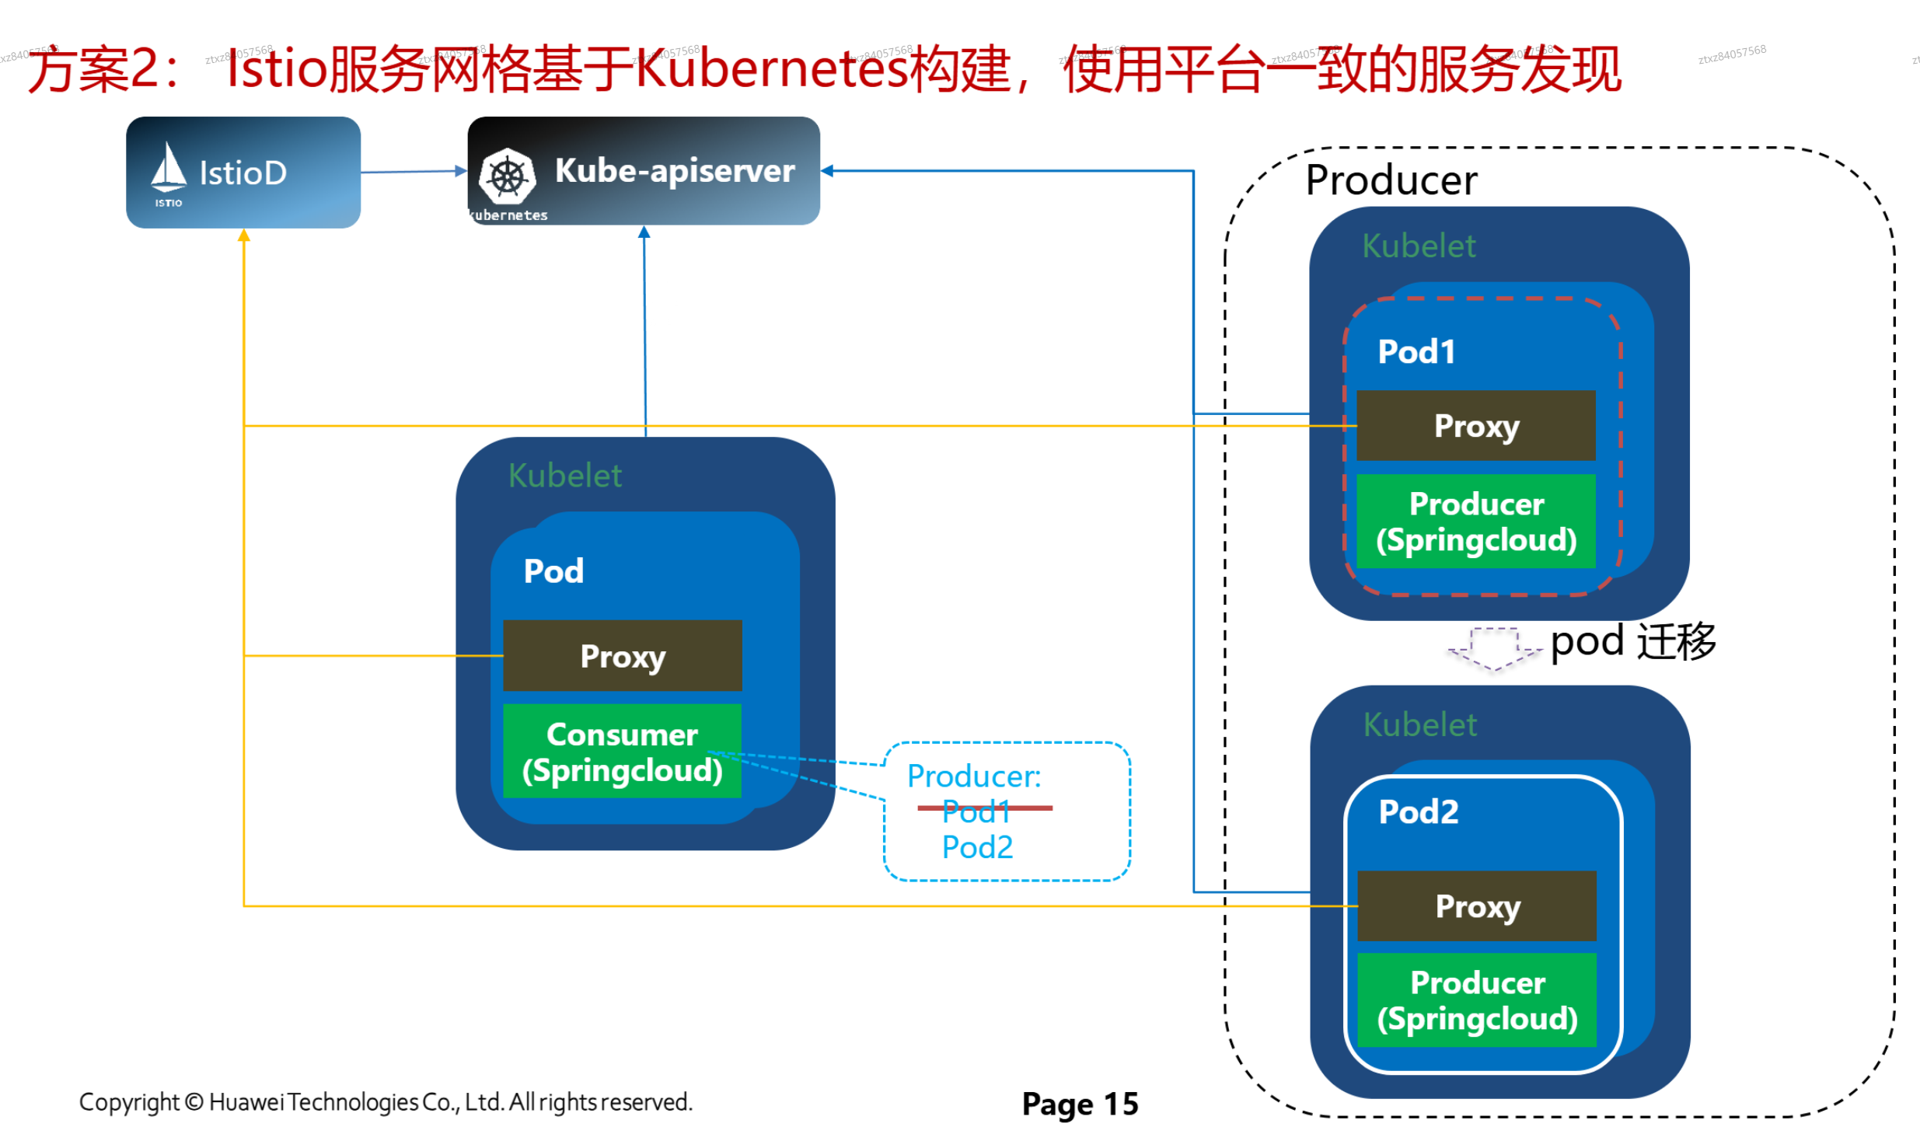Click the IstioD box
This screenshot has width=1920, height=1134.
(x=243, y=172)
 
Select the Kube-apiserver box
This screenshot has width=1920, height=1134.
(x=643, y=171)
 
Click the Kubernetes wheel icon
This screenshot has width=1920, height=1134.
(x=507, y=176)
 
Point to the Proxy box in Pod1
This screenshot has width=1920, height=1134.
(x=1475, y=425)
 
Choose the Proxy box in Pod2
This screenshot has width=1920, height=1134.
(x=1476, y=905)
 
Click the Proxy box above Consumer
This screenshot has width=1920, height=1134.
(x=622, y=655)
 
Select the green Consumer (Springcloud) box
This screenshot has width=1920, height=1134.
(x=622, y=751)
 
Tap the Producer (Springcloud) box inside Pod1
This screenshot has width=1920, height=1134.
(x=1475, y=521)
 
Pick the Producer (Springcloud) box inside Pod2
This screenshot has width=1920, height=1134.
(x=1476, y=1000)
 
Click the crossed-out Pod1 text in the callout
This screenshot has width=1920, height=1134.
(x=976, y=811)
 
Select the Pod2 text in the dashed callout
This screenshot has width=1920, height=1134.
(x=977, y=846)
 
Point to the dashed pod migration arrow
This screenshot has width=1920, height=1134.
(x=1494, y=647)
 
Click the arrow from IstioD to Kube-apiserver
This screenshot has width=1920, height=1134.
(x=413, y=171)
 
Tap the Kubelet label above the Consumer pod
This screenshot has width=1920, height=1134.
(x=564, y=475)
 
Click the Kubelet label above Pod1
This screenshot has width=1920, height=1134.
(x=1418, y=246)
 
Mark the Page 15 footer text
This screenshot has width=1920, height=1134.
(x=1079, y=1103)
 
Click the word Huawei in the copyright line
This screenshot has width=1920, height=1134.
(x=246, y=1101)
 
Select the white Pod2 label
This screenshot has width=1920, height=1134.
(x=1418, y=811)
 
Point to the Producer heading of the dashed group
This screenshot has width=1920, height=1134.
(x=1391, y=180)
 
